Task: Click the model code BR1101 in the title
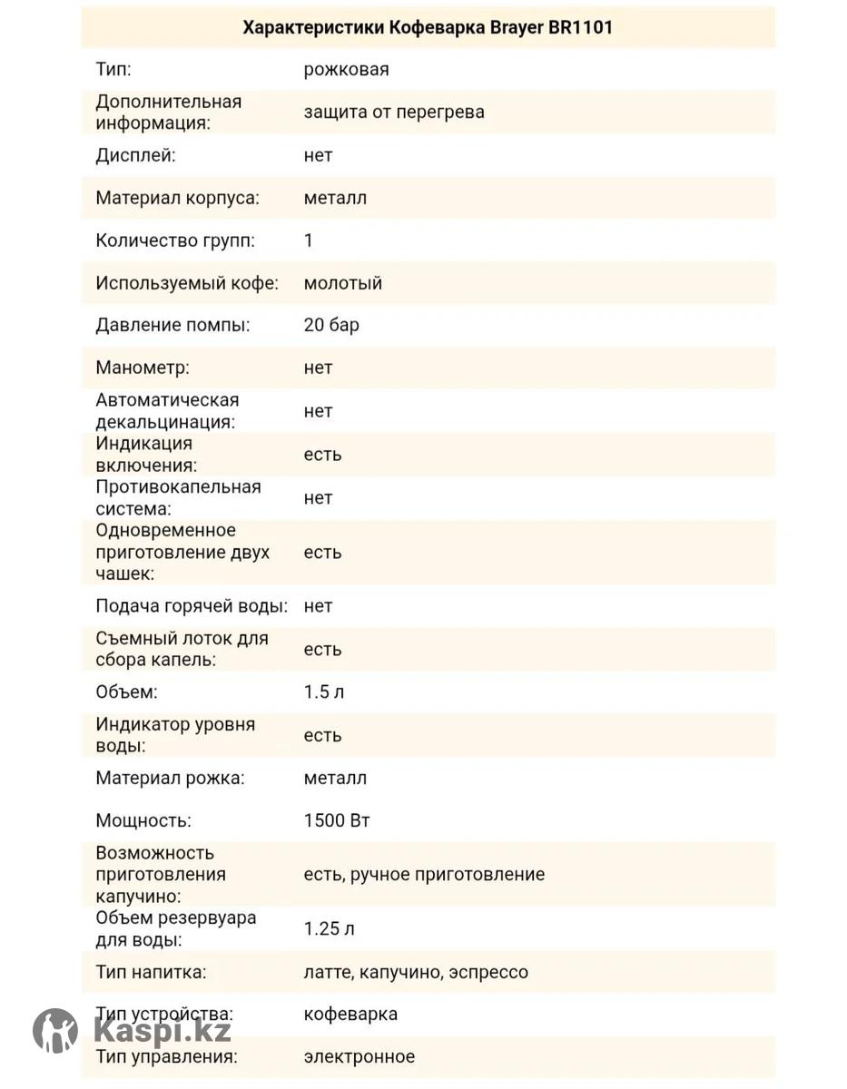580,27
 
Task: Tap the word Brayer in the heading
512,27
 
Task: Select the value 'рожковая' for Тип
346,70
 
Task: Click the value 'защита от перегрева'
394,113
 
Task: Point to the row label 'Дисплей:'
135,155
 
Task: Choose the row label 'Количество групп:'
175,240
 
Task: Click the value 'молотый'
343,283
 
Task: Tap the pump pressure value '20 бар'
331,325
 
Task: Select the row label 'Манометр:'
143,368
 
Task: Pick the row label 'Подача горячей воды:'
192,605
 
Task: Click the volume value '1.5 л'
324,692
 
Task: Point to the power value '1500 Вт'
337,820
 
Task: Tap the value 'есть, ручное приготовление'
424,875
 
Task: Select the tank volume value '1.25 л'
329,928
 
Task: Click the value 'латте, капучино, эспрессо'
416,972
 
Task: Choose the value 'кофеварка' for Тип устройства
350,1014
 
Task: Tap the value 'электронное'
359,1056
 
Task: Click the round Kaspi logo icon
55,1031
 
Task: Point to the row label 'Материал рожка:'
170,778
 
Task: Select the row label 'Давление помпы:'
172,325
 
